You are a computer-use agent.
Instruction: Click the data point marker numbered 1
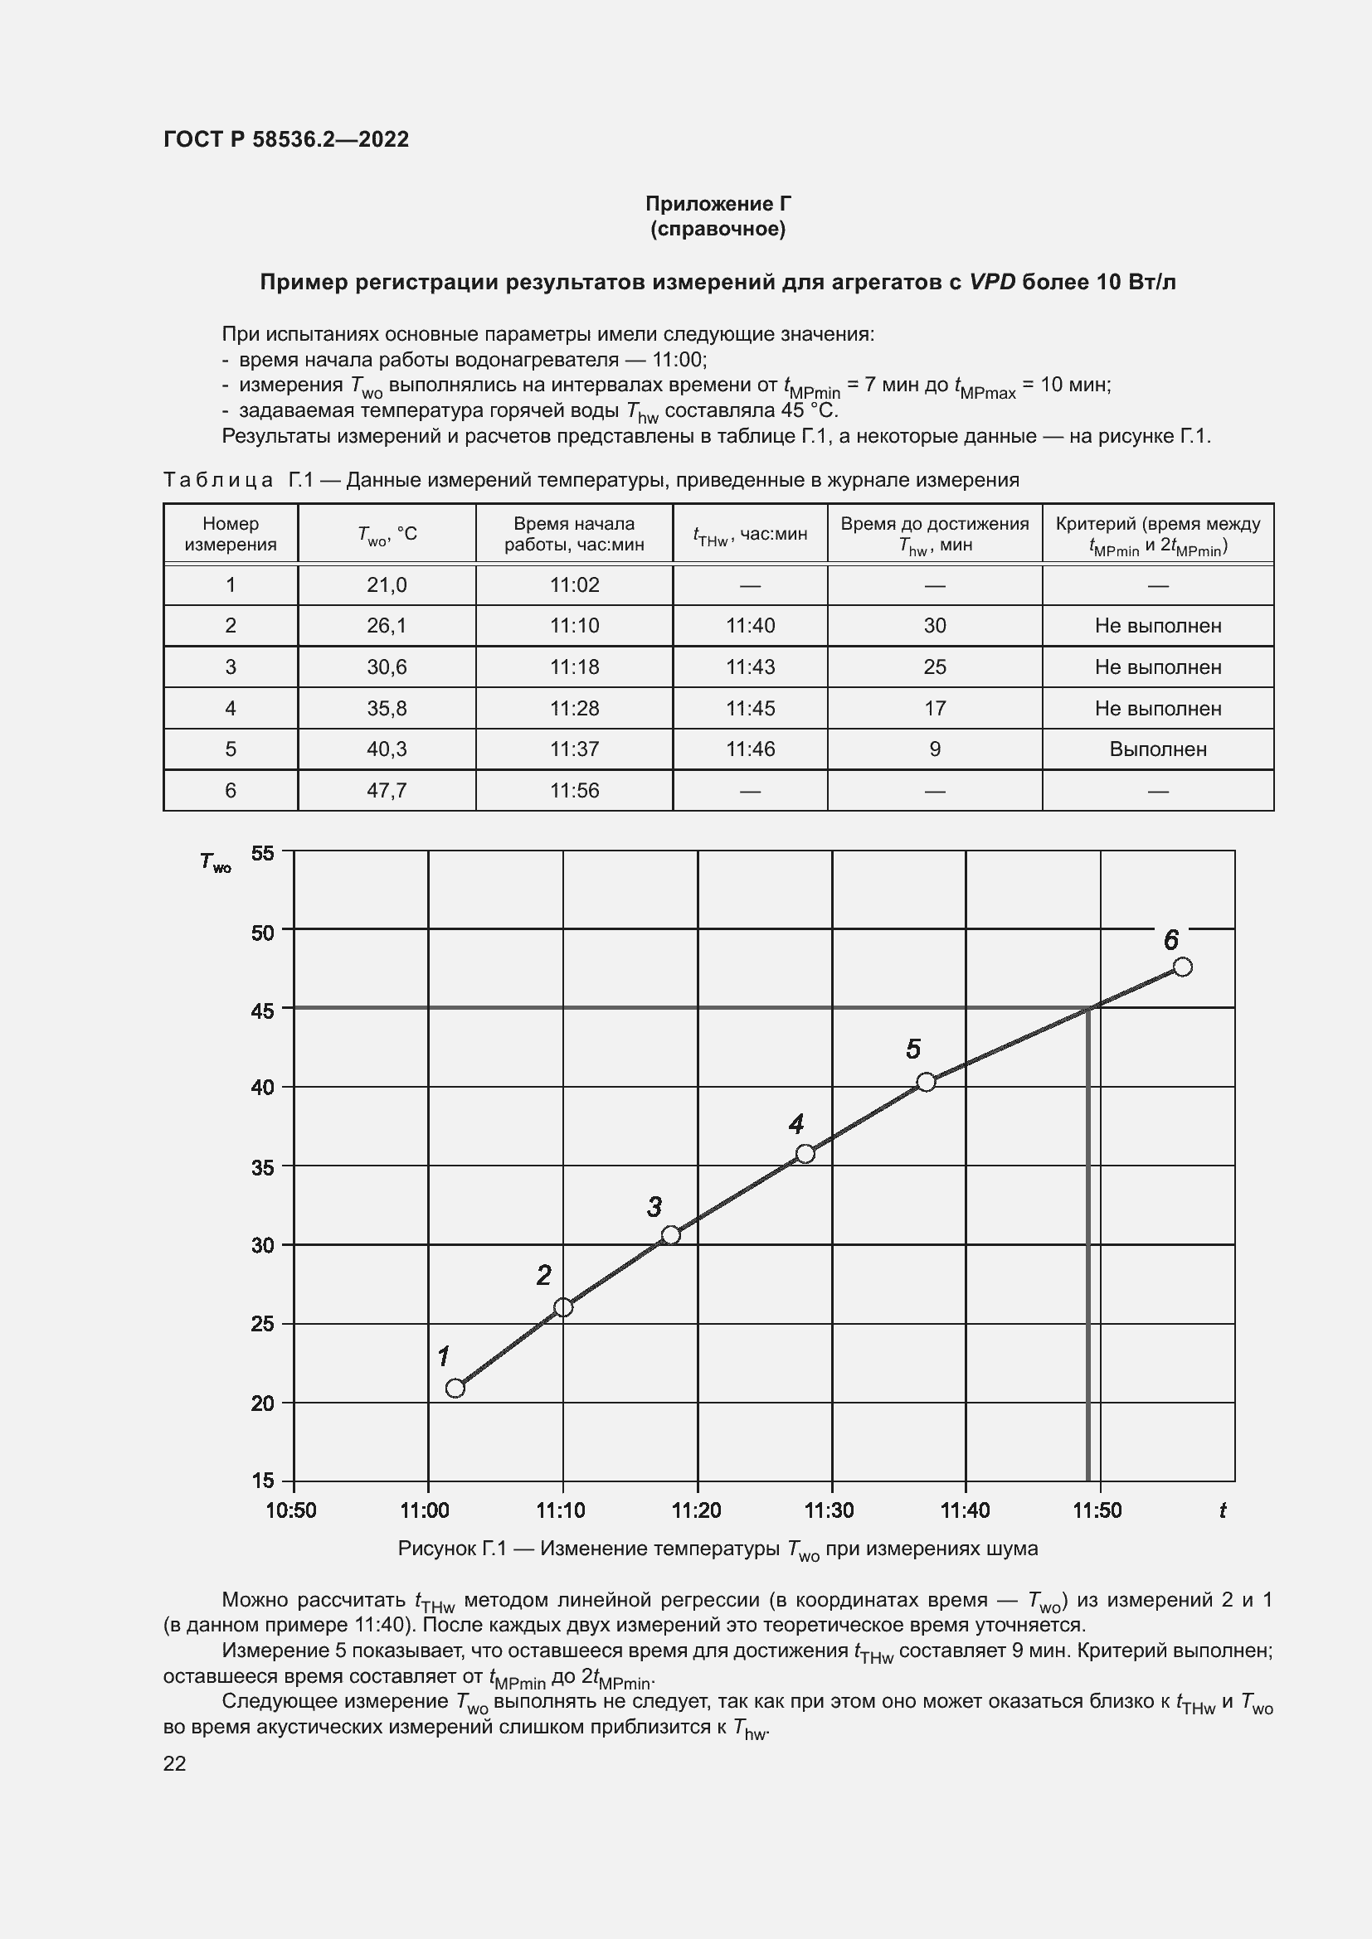(455, 1388)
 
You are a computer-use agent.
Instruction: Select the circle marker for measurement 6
(1183, 966)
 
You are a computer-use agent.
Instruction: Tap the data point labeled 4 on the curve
(805, 1154)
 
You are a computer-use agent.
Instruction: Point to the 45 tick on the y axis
(263, 1011)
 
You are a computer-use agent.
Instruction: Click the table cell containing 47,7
(386, 791)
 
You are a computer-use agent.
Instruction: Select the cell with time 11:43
(749, 667)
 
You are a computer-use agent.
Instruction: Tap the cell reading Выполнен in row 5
(1157, 749)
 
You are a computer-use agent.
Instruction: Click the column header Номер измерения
(231, 534)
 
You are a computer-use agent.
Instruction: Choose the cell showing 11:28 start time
(574, 708)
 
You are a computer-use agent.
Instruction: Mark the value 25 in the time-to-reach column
(934, 667)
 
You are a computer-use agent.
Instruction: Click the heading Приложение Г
(718, 204)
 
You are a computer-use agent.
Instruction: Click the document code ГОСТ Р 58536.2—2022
(285, 139)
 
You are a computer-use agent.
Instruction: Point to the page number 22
(174, 1763)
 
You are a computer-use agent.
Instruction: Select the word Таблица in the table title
(218, 480)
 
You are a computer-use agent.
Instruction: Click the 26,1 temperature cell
(386, 626)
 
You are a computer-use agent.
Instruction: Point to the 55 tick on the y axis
(263, 853)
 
